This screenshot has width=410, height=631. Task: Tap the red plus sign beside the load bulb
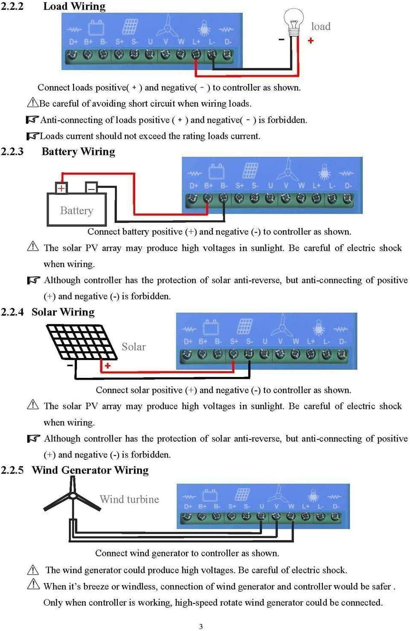click(x=311, y=40)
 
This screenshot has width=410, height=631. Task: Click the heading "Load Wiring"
click(x=74, y=6)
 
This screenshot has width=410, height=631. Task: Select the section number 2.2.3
click(x=12, y=152)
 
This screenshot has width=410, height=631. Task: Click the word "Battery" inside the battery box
click(x=77, y=211)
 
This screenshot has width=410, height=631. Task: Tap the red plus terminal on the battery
click(x=62, y=188)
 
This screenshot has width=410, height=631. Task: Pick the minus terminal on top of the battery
click(x=91, y=187)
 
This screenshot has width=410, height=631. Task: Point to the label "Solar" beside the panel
click(x=134, y=347)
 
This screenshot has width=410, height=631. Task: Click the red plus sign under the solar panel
click(x=108, y=366)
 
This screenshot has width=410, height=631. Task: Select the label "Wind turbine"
click(x=129, y=499)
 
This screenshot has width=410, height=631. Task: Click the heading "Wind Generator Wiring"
click(x=90, y=470)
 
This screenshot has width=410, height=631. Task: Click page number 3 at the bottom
click(x=201, y=626)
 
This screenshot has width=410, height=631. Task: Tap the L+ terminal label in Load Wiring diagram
click(x=196, y=42)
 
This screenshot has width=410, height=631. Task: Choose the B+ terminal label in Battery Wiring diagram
click(x=208, y=186)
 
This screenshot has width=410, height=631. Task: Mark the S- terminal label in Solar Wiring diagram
click(x=249, y=341)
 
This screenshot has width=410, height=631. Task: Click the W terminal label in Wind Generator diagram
click(x=291, y=506)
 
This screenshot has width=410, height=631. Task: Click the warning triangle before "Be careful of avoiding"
click(x=32, y=102)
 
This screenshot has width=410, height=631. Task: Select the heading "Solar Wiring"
click(x=63, y=312)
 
